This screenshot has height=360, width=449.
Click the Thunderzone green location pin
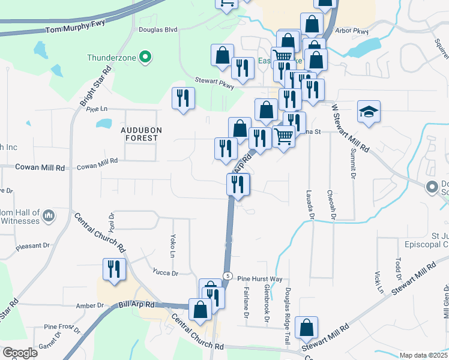145,58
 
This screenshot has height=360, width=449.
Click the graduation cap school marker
369,112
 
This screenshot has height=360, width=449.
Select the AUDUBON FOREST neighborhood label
139,134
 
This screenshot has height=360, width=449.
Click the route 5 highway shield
228,275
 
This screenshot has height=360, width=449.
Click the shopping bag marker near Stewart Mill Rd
307,328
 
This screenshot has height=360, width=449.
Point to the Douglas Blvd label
158,29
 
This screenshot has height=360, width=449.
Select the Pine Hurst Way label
259,279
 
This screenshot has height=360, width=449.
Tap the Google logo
20,353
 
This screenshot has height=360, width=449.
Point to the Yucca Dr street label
166,273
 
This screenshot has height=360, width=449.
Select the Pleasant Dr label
33,246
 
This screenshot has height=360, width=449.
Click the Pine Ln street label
96,109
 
